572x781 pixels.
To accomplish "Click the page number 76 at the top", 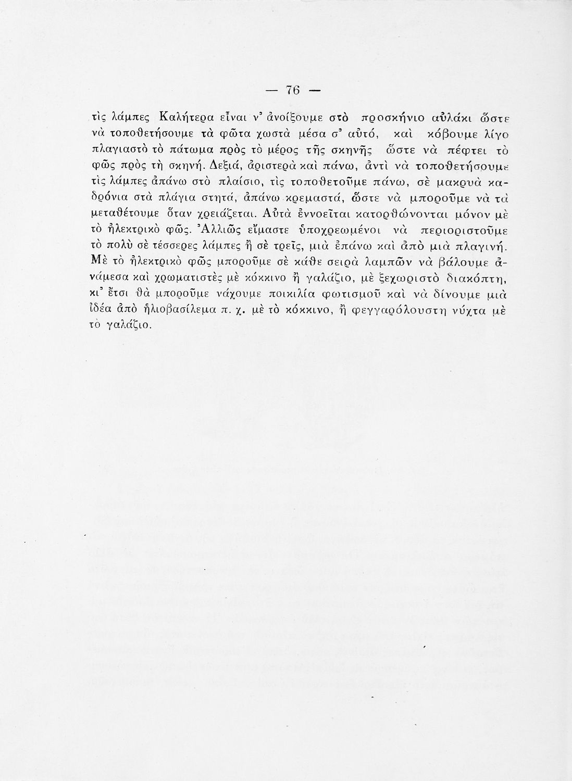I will click(x=293, y=90).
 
